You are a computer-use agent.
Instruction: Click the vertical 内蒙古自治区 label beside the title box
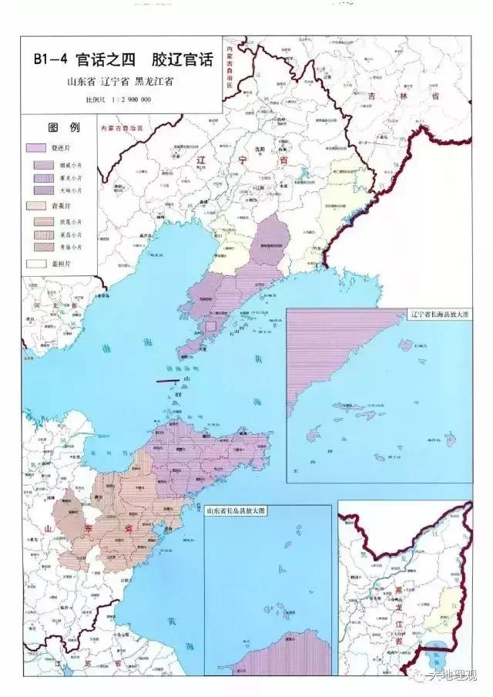click(229, 69)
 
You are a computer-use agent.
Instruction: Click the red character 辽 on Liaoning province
click(202, 160)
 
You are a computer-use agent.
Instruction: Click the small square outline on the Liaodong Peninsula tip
click(210, 326)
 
